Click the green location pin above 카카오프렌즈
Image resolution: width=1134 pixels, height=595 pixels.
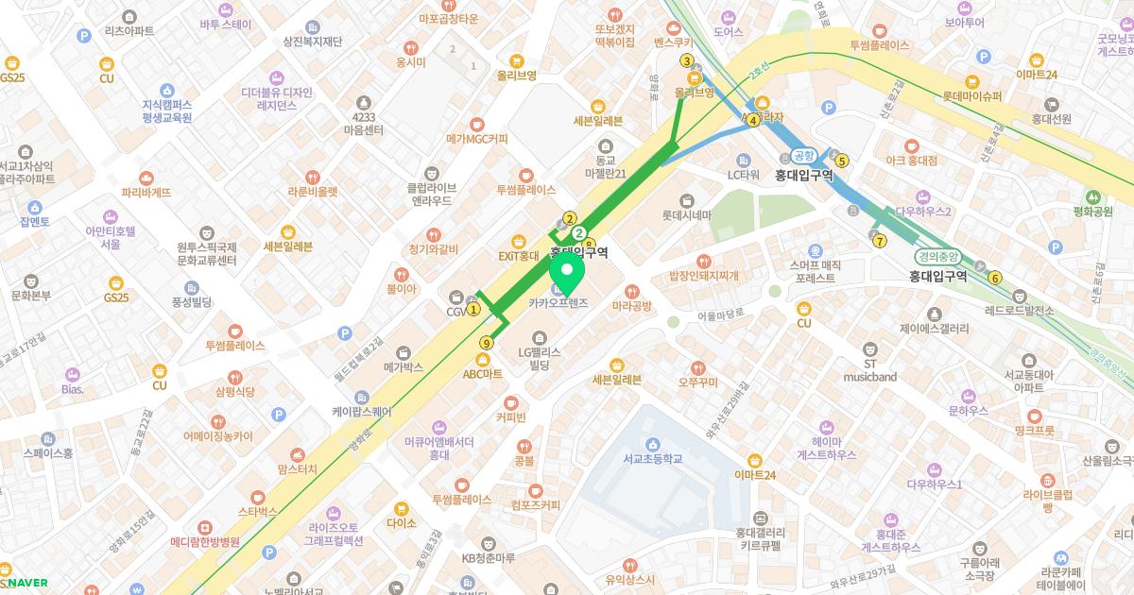coord(568,275)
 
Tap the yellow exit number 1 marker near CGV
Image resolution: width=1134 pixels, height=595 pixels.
coord(474,308)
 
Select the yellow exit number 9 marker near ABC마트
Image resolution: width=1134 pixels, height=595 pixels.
coord(488,343)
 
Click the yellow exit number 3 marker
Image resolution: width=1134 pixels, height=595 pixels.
coord(687,61)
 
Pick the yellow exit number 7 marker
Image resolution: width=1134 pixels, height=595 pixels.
coord(880,241)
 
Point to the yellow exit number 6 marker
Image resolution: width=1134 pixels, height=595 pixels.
coord(994,278)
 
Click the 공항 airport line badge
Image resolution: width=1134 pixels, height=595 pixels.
coord(803,156)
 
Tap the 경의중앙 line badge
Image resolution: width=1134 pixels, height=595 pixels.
coord(937,256)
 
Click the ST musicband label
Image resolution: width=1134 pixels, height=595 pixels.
coord(870,370)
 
